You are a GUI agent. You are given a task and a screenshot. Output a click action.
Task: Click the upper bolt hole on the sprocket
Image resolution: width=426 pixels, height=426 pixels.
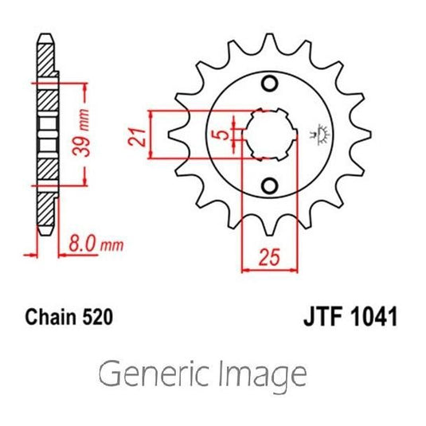click(x=270, y=84)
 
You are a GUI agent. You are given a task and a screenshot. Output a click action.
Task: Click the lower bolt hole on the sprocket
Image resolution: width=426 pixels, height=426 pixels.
click(x=270, y=186)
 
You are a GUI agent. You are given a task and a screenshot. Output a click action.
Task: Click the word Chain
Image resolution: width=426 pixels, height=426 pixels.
click(x=52, y=318)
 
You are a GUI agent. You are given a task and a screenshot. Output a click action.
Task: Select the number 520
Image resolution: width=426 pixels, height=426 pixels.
click(x=96, y=318)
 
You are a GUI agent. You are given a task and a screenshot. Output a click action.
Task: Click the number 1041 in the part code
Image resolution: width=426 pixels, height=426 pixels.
click(x=369, y=318)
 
